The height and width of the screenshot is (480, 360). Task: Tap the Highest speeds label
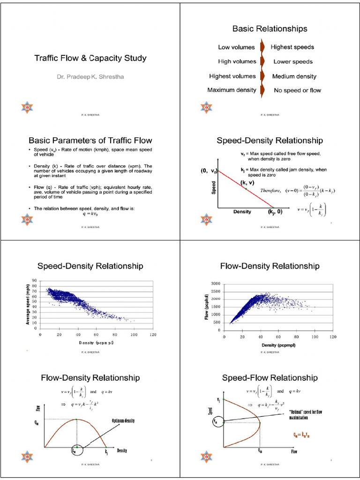click(292, 47)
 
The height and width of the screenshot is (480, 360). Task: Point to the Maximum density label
click(232, 90)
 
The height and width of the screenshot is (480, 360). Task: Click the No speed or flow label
click(297, 90)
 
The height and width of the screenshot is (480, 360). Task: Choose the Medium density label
click(294, 76)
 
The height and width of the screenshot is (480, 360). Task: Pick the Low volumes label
click(236, 47)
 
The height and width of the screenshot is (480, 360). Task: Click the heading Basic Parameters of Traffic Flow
click(90, 140)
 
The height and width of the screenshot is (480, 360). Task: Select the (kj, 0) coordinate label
click(275, 212)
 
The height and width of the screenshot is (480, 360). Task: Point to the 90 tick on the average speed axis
click(34, 281)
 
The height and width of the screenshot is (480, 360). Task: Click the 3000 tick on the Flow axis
click(215, 284)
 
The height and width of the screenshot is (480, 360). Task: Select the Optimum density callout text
click(123, 420)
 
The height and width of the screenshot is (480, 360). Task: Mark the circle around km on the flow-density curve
click(75, 450)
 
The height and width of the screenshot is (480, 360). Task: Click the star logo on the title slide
click(27, 107)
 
